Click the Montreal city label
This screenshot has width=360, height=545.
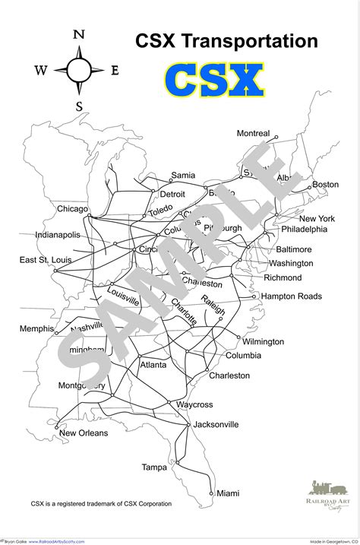click(x=253, y=134)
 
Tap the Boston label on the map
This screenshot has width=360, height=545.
click(x=325, y=185)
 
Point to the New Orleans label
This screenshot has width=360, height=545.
click(x=84, y=433)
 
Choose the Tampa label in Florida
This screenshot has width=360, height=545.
click(x=154, y=467)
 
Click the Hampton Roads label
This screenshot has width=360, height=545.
click(x=292, y=296)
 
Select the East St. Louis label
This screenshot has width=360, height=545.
click(x=46, y=260)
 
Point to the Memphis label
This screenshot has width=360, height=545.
click(x=36, y=328)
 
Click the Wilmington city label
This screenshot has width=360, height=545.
click(x=263, y=342)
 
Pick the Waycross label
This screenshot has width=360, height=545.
click(x=194, y=404)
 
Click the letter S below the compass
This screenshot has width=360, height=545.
click(x=78, y=106)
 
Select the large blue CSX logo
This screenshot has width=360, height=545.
click(x=214, y=81)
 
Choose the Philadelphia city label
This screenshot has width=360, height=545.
click(x=304, y=229)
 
